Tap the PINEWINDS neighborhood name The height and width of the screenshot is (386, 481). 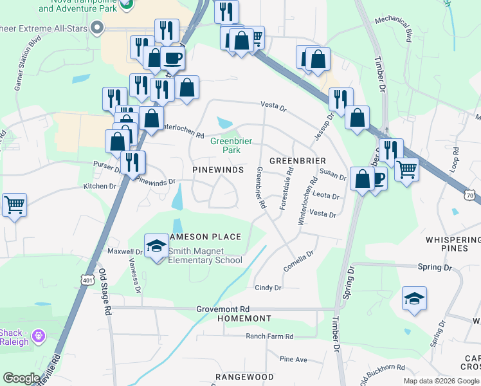pyautogui.click(x=218, y=169)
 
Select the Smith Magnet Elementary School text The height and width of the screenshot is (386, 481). pyautogui.click(x=205, y=255)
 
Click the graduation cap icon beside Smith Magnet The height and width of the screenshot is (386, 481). pyautogui.click(x=156, y=246)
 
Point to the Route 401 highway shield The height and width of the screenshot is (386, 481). pyautogui.click(x=88, y=280)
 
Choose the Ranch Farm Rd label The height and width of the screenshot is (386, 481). pyautogui.click(x=269, y=336)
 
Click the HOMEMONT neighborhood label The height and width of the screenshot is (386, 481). pyautogui.click(x=244, y=319)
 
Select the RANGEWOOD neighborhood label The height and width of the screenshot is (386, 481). pyautogui.click(x=244, y=377)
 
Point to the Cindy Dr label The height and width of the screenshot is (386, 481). pyautogui.click(x=268, y=288)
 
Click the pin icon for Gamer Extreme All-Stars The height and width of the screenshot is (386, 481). pyautogui.click(x=98, y=28)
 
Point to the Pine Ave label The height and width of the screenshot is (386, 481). pyautogui.click(x=293, y=358)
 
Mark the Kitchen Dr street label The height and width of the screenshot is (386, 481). pyautogui.click(x=100, y=186)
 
